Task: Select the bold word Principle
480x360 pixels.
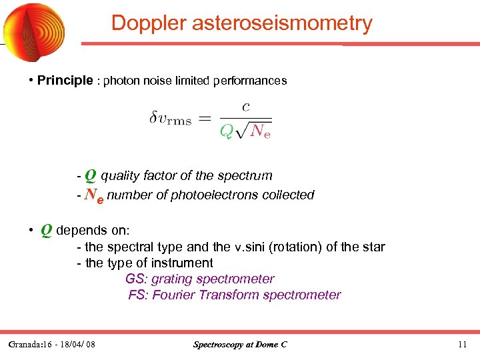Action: click(65, 81)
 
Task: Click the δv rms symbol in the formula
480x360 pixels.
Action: click(170, 119)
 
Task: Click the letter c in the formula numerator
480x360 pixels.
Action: click(246, 106)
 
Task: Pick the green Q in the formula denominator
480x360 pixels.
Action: click(227, 131)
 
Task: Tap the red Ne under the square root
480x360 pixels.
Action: click(260, 131)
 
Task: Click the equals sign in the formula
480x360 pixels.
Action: click(205, 119)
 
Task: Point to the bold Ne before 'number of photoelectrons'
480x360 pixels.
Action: click(94, 195)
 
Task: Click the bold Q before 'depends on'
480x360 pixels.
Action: click(47, 230)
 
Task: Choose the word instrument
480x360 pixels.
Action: click(180, 263)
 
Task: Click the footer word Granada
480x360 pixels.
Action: click(26, 345)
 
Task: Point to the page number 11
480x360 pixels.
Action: click(463, 345)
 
